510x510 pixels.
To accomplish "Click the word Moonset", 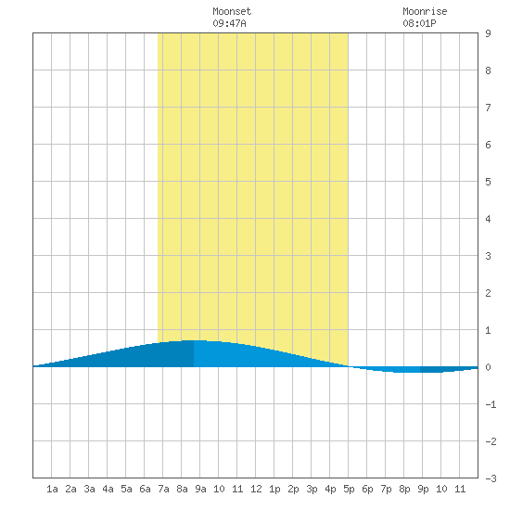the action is coord(232,11).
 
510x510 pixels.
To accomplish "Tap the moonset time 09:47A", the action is coord(229,23).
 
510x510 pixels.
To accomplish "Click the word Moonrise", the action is coord(425,11).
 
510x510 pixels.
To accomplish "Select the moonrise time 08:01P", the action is coord(419,23).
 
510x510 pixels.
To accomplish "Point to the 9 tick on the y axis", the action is coord(488,33).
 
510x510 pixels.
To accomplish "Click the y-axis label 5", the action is coord(488,182).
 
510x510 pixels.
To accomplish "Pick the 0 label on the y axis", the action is coord(488,367).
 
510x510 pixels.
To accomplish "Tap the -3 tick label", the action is coord(491,478).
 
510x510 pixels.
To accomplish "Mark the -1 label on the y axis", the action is coord(491,404).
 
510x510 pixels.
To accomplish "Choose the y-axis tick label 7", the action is coord(488,108).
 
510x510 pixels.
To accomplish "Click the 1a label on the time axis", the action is coord(52,489).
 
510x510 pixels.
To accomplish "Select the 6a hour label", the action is coord(145,489).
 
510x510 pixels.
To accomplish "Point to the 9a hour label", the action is coord(200,489).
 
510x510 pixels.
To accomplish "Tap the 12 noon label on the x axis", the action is coord(256,489).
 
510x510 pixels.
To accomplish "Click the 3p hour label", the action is coord(312,489).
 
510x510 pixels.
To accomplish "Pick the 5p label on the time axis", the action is coord(349,489).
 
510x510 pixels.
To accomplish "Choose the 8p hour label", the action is coord(404,489).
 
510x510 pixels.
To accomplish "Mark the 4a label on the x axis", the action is coord(108,489).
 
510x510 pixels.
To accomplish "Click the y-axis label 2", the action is coord(488,293).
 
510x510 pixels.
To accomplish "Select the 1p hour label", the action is coord(274,489).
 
